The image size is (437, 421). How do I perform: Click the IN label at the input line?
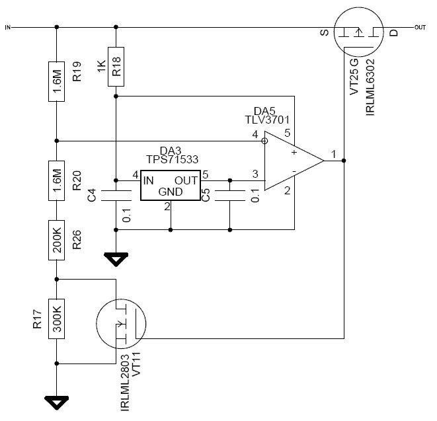8,27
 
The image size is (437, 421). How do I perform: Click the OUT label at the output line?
419,27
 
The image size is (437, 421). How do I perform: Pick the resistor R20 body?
57,179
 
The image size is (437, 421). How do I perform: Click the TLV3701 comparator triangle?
292,161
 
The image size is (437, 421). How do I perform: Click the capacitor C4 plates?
116,196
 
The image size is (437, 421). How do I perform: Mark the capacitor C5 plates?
229,196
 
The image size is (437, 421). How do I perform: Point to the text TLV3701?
268,120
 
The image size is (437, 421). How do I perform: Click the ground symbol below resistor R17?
57,401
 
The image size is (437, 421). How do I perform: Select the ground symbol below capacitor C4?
116,259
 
